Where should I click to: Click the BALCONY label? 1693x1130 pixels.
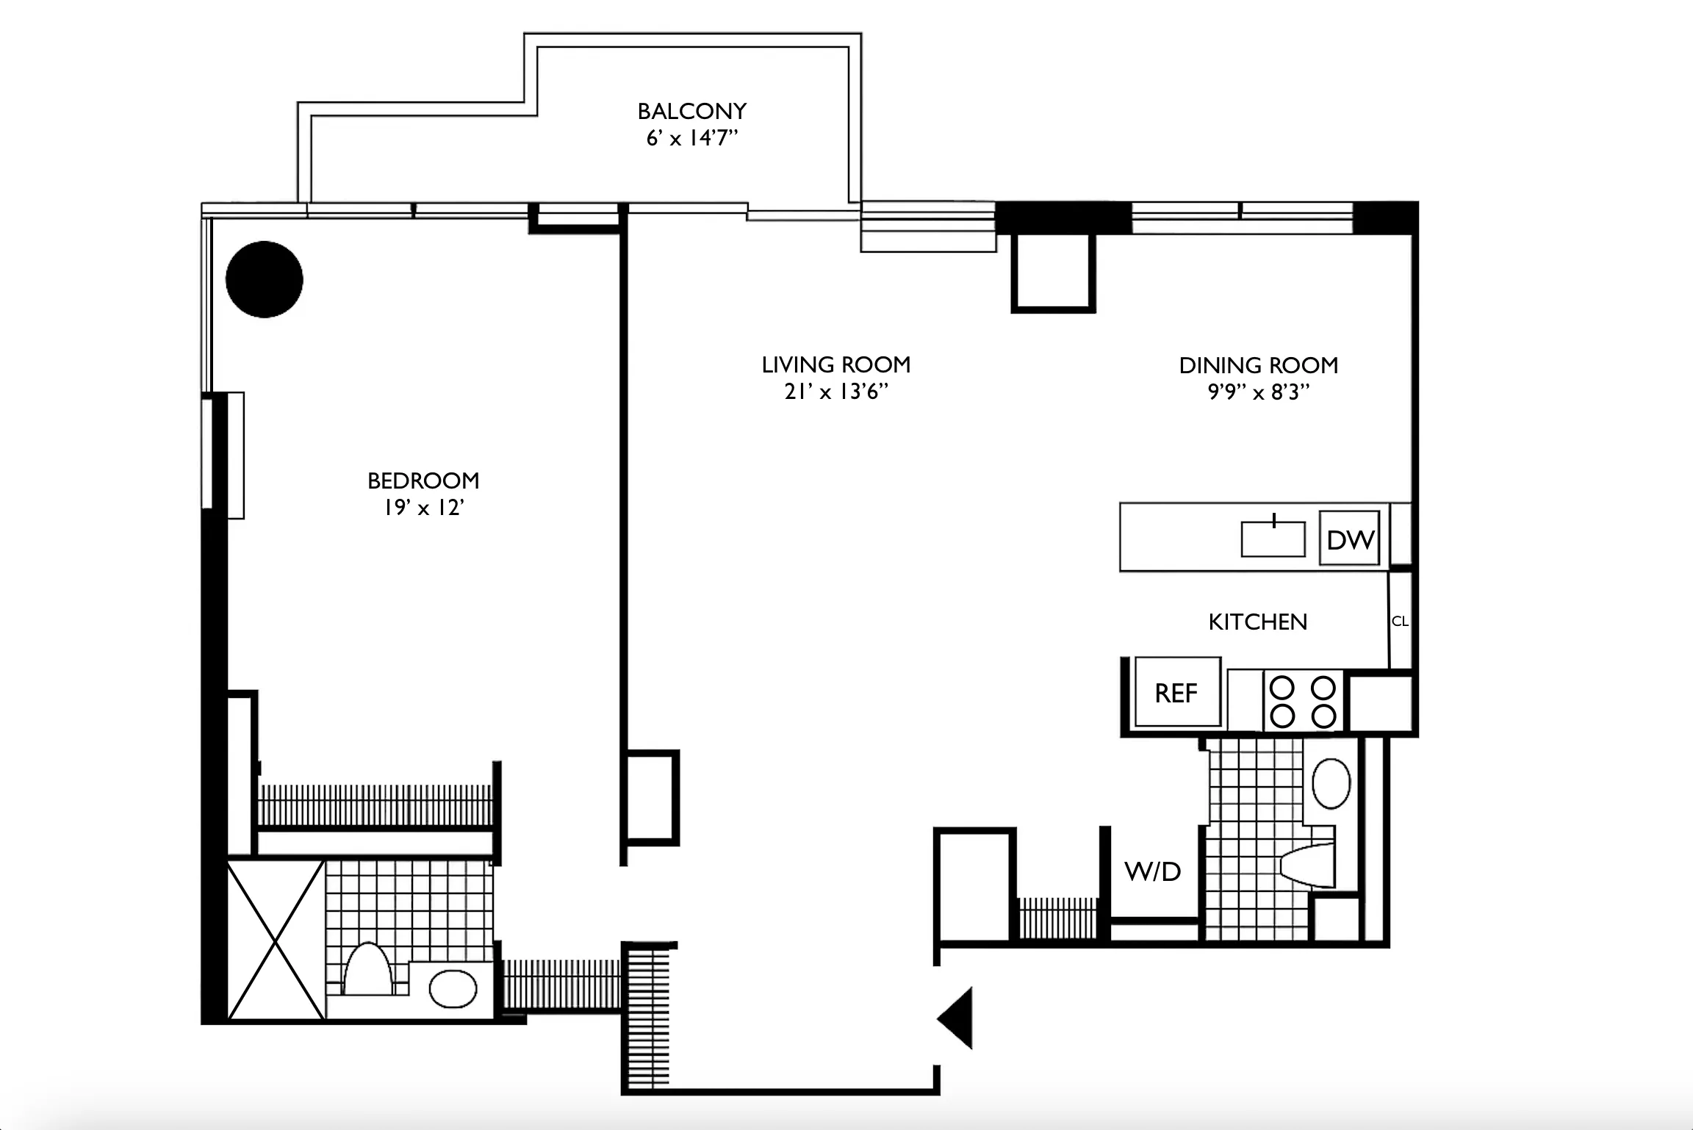[691, 111]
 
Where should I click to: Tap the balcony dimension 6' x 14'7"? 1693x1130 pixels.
[691, 138]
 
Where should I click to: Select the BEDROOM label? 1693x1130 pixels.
[423, 481]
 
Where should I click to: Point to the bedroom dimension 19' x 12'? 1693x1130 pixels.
[423, 508]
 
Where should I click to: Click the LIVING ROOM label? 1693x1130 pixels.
[836, 364]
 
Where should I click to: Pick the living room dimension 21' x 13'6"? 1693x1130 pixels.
[836, 392]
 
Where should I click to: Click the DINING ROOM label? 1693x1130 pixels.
[1258, 365]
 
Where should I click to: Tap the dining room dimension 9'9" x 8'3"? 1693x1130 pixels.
[1258, 392]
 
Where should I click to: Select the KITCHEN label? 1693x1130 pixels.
[1257, 622]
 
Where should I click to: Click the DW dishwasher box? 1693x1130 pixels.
[1349, 539]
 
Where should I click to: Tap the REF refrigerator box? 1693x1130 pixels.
[1176, 692]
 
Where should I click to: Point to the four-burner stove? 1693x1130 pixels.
[1303, 701]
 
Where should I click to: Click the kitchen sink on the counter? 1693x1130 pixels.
[1273, 539]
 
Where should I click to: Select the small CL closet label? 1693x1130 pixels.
[1400, 621]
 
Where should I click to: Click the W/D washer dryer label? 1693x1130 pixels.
[1152, 872]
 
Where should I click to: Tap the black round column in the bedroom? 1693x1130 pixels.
[265, 279]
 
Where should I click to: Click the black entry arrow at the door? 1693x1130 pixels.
[957, 1018]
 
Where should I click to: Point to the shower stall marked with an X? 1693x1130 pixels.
[276, 940]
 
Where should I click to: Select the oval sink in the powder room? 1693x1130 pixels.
[1331, 783]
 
